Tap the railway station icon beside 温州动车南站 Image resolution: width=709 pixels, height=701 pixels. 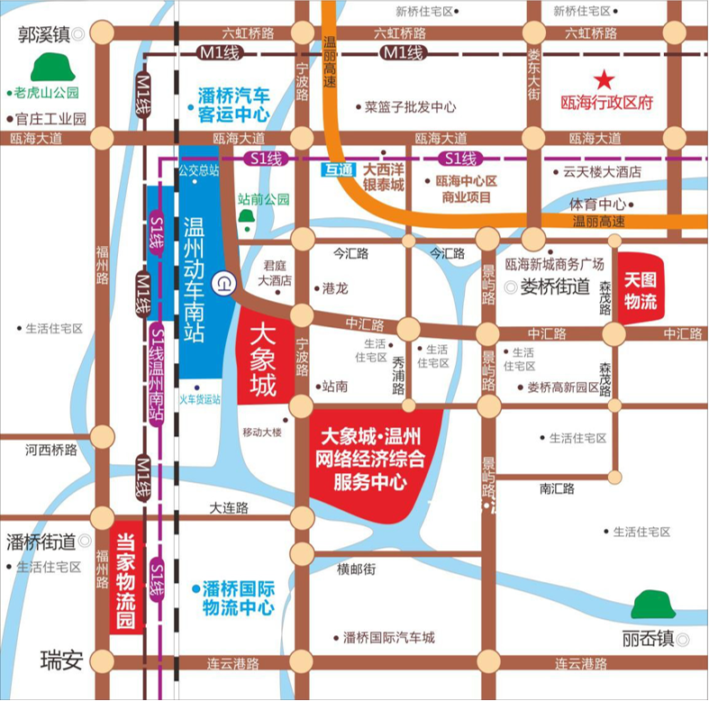223,284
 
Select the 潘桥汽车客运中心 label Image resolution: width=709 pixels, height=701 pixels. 233,104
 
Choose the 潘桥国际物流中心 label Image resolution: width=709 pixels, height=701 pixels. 237,597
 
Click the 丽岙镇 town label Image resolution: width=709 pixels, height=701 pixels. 647,639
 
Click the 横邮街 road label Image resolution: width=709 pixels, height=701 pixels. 356,569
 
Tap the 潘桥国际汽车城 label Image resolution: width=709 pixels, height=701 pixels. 389,637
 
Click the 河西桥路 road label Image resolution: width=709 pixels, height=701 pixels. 51,448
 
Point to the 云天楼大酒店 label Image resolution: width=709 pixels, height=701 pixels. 602,171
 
